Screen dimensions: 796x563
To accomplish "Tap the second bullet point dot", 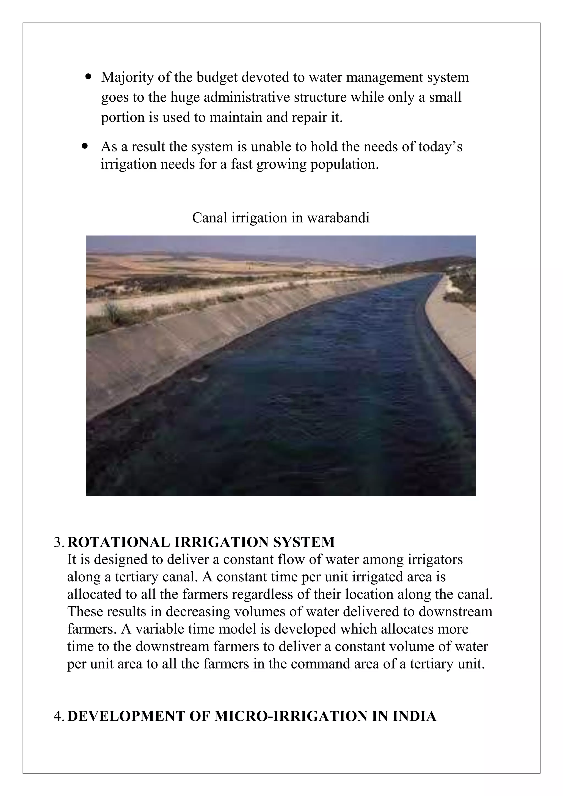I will coord(85,146).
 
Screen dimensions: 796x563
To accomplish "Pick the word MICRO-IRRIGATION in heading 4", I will coord(291,716).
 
